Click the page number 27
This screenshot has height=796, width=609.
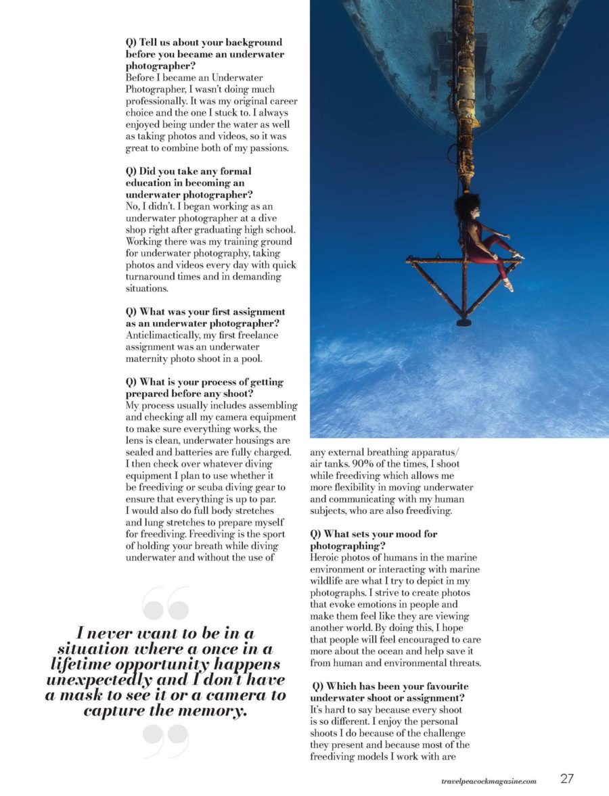coord(567,778)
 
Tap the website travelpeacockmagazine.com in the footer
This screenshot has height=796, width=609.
coord(488,780)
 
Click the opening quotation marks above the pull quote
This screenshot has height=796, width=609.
coord(166,603)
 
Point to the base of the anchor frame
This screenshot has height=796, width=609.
coord(464,322)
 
